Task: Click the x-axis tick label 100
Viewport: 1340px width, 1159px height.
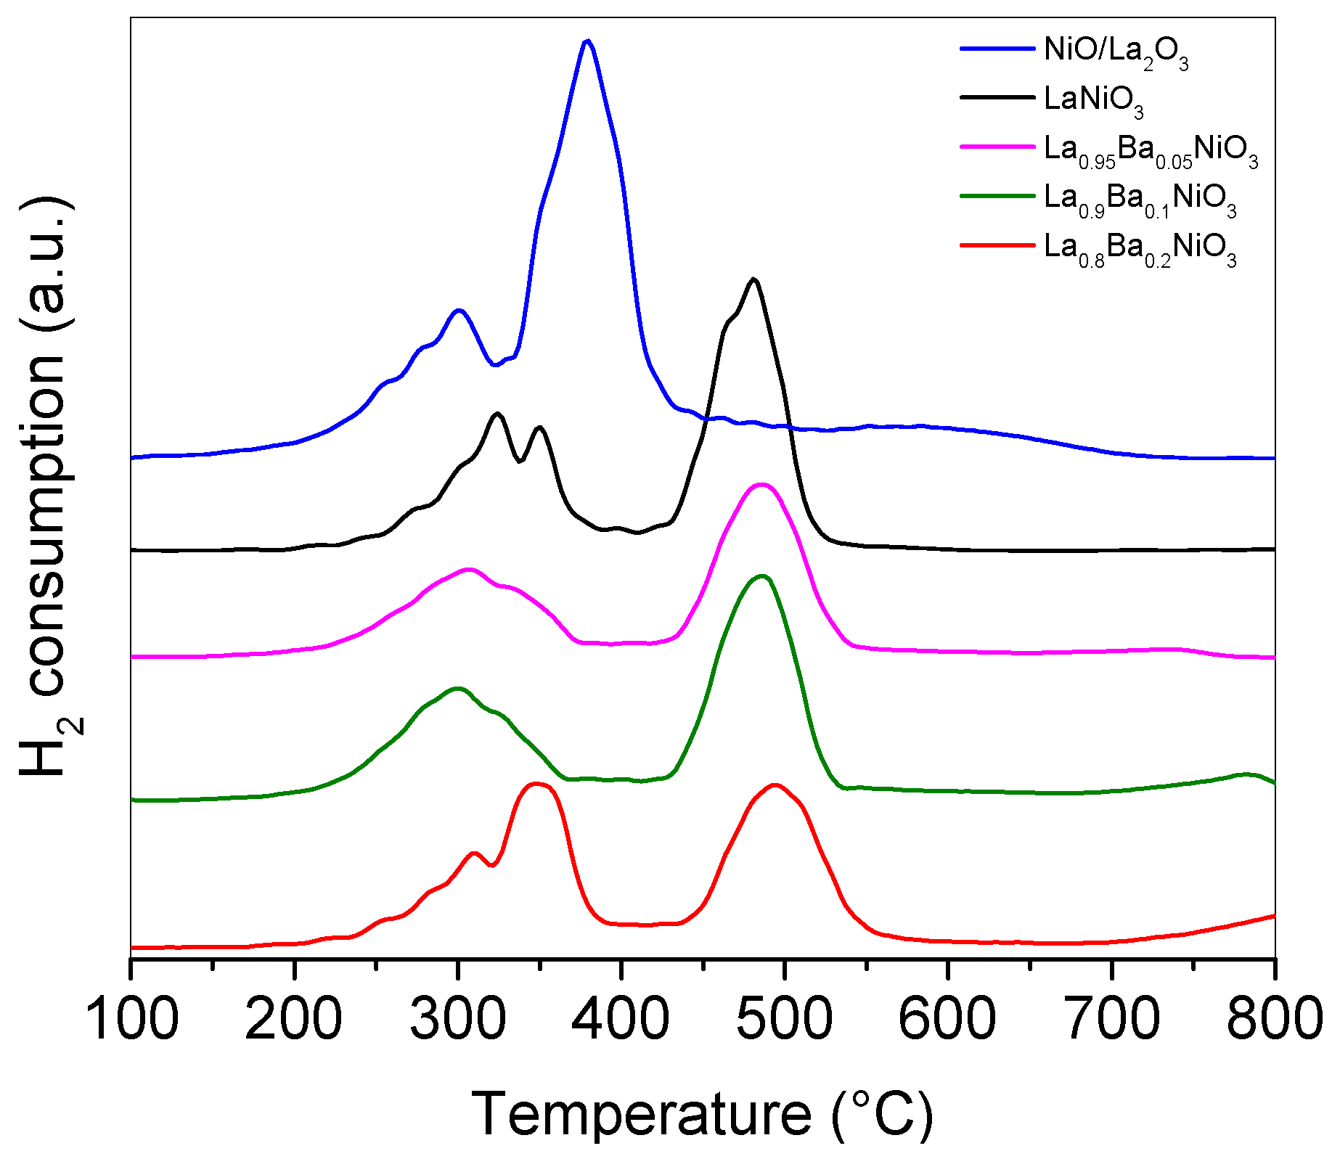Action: point(131,1017)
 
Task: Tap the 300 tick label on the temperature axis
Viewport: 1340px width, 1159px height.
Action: point(457,1017)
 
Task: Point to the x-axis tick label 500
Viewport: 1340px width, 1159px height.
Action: point(784,1017)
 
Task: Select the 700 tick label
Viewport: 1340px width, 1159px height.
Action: point(1111,1017)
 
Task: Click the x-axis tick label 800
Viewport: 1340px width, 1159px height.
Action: point(1274,1017)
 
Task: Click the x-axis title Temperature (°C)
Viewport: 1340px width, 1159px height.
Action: point(703,1114)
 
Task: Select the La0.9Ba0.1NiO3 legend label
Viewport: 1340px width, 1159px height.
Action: point(1140,200)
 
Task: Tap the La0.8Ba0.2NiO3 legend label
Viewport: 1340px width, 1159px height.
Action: point(1140,249)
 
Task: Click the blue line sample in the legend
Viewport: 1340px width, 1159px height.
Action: point(997,48)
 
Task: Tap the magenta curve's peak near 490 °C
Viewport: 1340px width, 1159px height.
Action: point(761,484)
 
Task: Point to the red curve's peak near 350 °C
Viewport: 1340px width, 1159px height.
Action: point(536,783)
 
